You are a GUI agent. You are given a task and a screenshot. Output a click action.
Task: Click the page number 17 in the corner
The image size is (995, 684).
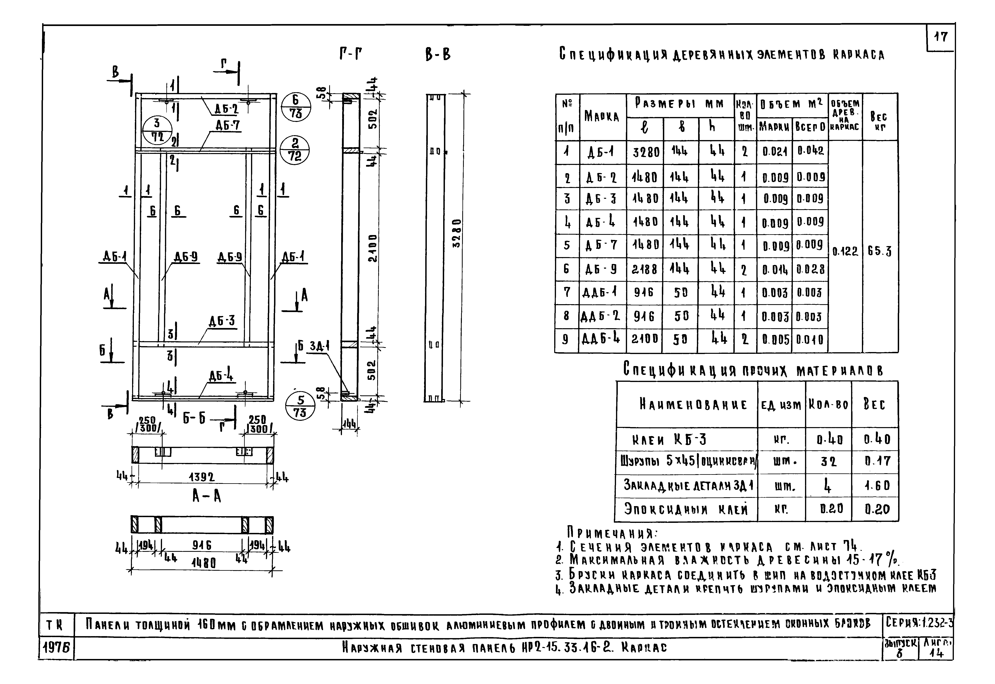tap(941, 37)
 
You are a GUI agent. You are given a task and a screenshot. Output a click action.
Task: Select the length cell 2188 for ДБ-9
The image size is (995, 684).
tap(645, 269)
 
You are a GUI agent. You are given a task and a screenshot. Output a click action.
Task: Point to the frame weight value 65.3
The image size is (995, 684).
tap(880, 252)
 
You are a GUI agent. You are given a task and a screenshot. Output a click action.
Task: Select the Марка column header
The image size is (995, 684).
tap(602, 117)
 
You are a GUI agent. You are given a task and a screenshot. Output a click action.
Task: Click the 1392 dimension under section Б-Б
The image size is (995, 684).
tap(201, 477)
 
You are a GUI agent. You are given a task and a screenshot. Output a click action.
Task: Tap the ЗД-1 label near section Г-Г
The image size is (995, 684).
tap(319, 345)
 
